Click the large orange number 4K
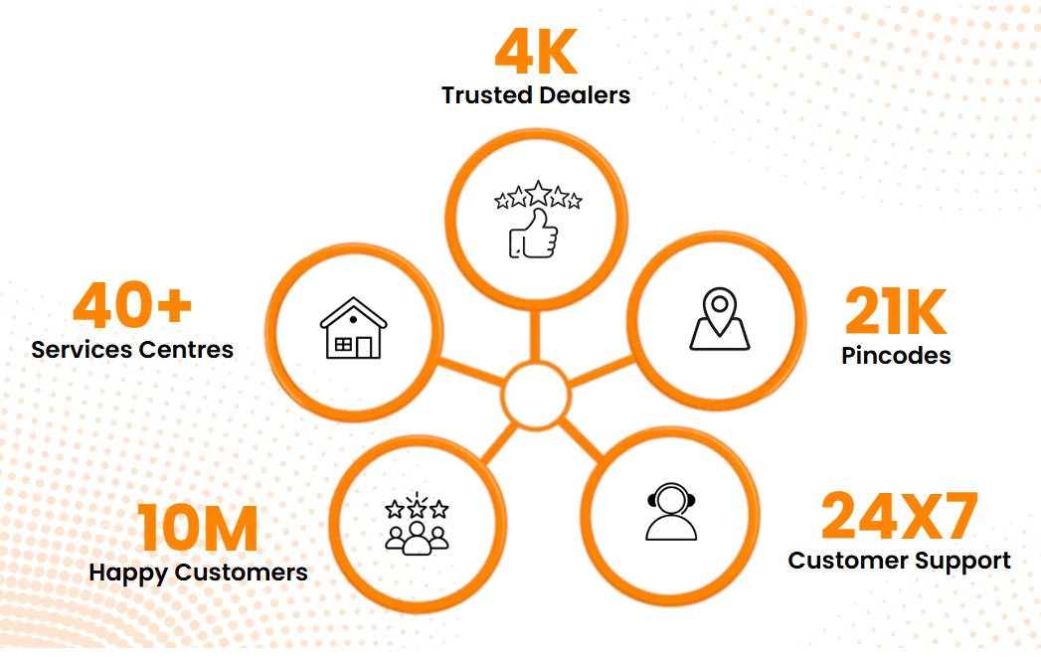pyautogui.click(x=536, y=55)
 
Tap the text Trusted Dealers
pyautogui.click(x=536, y=95)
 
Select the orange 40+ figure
pyautogui.click(x=132, y=305)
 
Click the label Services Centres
pyautogui.click(x=132, y=350)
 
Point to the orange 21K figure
pyautogui.click(x=895, y=313)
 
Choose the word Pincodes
pyautogui.click(x=896, y=356)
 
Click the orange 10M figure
pyautogui.click(x=198, y=529)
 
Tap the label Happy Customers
pyautogui.click(x=198, y=573)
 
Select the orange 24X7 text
pyautogui.click(x=899, y=517)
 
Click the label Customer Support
pyautogui.click(x=899, y=561)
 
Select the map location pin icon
pyautogui.click(x=719, y=319)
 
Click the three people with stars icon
pyautogui.click(x=417, y=525)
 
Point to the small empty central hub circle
pyautogui.click(x=536, y=396)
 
